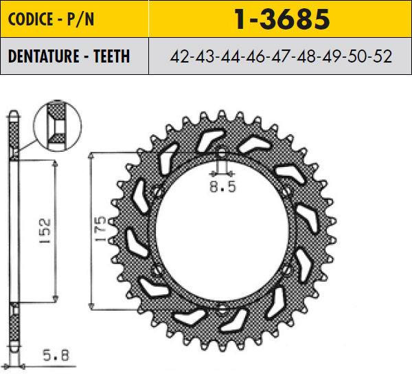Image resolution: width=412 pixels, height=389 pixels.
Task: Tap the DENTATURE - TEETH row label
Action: point(69,56)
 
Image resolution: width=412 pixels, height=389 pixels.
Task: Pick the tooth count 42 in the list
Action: point(181,56)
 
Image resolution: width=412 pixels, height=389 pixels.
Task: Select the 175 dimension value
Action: point(100,230)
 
